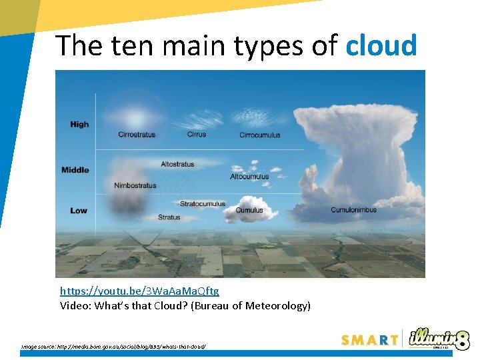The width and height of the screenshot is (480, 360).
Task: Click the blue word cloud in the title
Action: coord(381,45)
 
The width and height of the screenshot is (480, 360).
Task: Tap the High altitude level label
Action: coord(79,124)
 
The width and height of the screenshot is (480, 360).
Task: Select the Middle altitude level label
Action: coord(75,170)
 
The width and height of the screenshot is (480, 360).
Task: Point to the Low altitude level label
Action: coord(79,211)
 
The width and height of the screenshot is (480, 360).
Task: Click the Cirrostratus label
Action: coord(137,135)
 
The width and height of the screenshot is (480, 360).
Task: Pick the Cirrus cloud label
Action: coord(197,134)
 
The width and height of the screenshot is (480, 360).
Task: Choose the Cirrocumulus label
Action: coord(260,135)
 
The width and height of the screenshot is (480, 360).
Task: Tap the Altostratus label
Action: coord(177,164)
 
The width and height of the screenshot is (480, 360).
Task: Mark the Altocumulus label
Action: coord(249,177)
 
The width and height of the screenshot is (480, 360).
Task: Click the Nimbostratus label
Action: coord(135,185)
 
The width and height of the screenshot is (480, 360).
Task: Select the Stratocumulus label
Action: coord(203,204)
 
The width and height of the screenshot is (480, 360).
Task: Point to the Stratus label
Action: coord(169,217)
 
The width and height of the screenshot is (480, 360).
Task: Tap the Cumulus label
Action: coord(249,211)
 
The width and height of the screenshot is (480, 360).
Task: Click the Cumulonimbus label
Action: coord(353,210)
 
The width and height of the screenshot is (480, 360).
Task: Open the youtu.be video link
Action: coord(139,291)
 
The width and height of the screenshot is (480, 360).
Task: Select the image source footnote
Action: coord(113,346)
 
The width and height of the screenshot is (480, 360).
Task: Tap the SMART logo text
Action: coord(369,340)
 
